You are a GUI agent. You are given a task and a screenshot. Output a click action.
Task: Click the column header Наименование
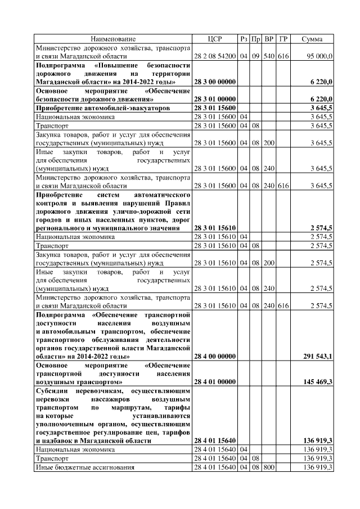coord(114,39)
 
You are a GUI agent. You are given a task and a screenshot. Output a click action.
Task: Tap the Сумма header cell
coord(312,39)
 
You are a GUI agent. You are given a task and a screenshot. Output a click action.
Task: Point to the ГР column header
coord(283,39)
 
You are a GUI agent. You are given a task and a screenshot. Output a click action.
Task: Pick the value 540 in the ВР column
coord(269,56)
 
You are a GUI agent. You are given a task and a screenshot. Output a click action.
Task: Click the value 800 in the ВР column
coord(269,468)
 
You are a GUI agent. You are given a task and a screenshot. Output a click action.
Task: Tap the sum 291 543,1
coord(317,356)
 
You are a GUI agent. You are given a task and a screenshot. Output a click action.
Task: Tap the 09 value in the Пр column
coord(255,56)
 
